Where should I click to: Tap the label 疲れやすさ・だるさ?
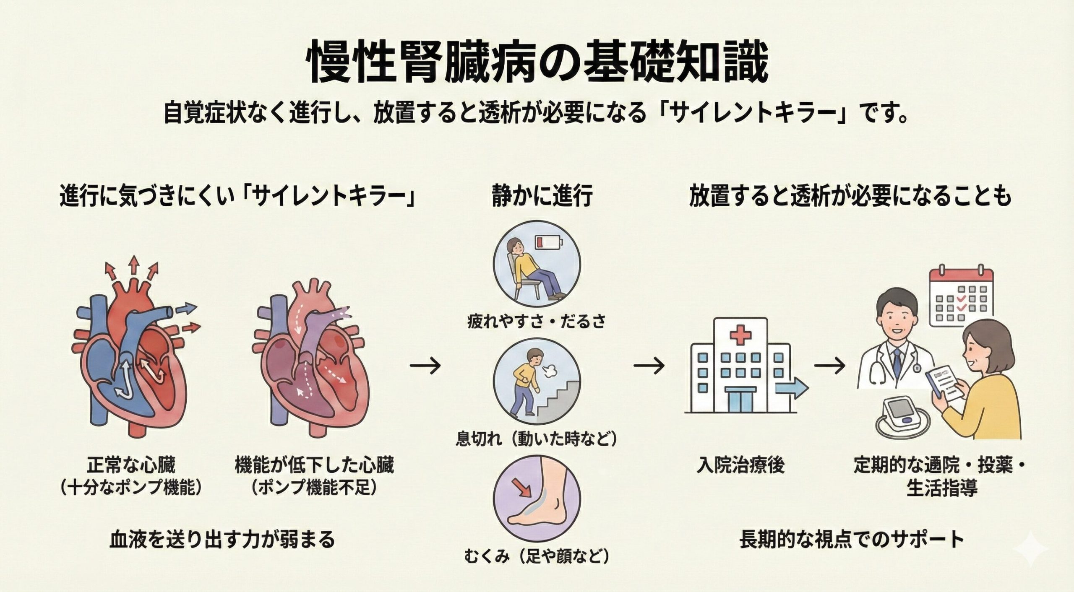pyautogui.click(x=537, y=322)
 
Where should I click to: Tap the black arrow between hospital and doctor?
pyautogui.click(x=829, y=366)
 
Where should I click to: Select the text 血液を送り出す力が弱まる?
pyautogui.click(x=222, y=539)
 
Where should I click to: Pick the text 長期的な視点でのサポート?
pyautogui.click(x=851, y=539)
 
